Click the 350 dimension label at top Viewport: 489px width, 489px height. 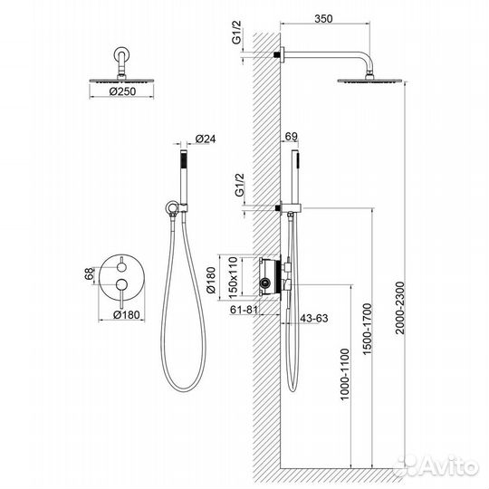(x=323, y=19)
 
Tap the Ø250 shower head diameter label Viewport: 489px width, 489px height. (x=122, y=91)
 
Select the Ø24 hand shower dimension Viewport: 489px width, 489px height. (x=206, y=139)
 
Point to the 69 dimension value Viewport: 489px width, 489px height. (x=292, y=136)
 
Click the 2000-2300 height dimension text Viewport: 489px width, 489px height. (x=399, y=308)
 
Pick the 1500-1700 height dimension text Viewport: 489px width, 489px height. (x=368, y=329)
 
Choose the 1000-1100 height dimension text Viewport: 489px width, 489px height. (x=345, y=374)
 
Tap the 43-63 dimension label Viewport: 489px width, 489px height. (x=313, y=318)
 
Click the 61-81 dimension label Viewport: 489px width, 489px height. (x=244, y=310)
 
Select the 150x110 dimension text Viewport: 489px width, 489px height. (x=233, y=276)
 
